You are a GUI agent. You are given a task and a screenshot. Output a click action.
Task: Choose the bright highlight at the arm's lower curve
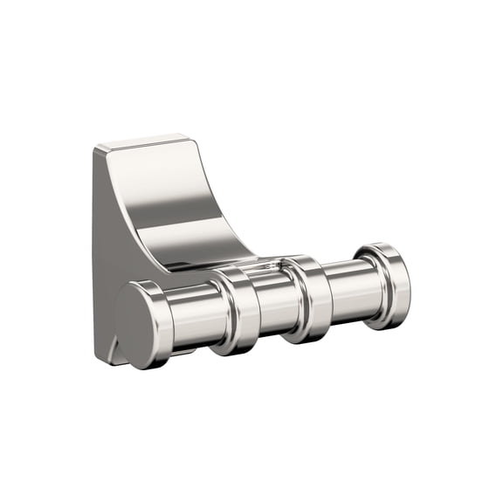coord(218,249)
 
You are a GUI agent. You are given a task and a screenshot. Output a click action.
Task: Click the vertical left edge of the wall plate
coord(94,253)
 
